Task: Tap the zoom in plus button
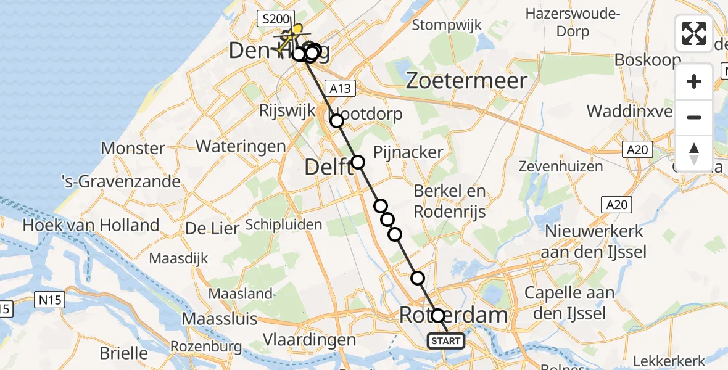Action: (x=694, y=81)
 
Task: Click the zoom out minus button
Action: (x=694, y=117)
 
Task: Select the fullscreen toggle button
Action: (x=694, y=33)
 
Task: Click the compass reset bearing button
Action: (x=694, y=153)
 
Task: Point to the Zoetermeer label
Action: (x=468, y=81)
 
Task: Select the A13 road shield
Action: (x=340, y=89)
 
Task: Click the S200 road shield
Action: (x=273, y=20)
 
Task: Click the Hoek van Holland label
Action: (x=91, y=225)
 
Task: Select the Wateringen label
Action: (x=241, y=147)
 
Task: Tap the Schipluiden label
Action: (x=284, y=224)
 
